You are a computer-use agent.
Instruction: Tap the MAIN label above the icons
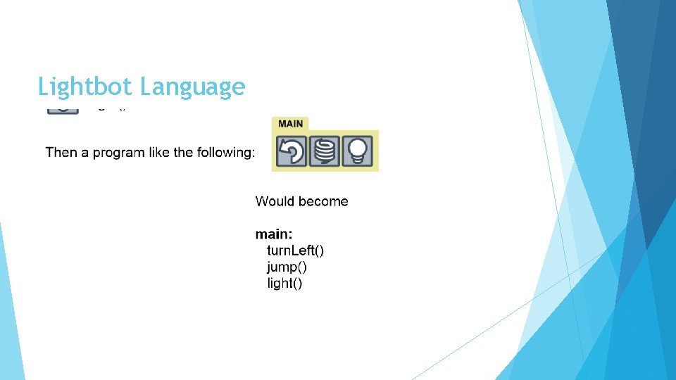click(x=290, y=123)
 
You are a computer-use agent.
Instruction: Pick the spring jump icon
click(x=325, y=151)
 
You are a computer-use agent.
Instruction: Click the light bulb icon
click(x=358, y=151)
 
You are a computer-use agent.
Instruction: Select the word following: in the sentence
click(x=226, y=153)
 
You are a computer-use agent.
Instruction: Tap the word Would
click(x=274, y=201)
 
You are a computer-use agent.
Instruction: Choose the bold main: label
click(x=274, y=234)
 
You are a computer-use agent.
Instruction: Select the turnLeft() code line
click(x=295, y=251)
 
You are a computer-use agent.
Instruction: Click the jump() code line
click(x=287, y=267)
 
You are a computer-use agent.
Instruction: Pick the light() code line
click(x=284, y=284)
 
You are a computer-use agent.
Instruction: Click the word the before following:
click(x=185, y=152)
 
